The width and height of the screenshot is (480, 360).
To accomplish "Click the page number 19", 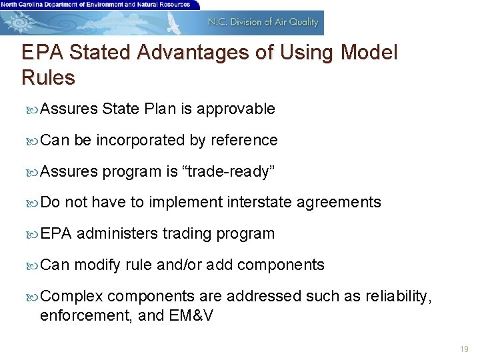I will (x=464, y=349).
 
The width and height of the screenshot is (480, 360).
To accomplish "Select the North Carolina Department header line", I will (x=95, y=4).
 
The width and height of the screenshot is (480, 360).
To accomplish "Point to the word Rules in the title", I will (x=48, y=78).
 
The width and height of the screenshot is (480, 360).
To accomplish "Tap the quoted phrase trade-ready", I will (x=229, y=172).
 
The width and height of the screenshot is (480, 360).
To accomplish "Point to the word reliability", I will (x=399, y=297).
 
